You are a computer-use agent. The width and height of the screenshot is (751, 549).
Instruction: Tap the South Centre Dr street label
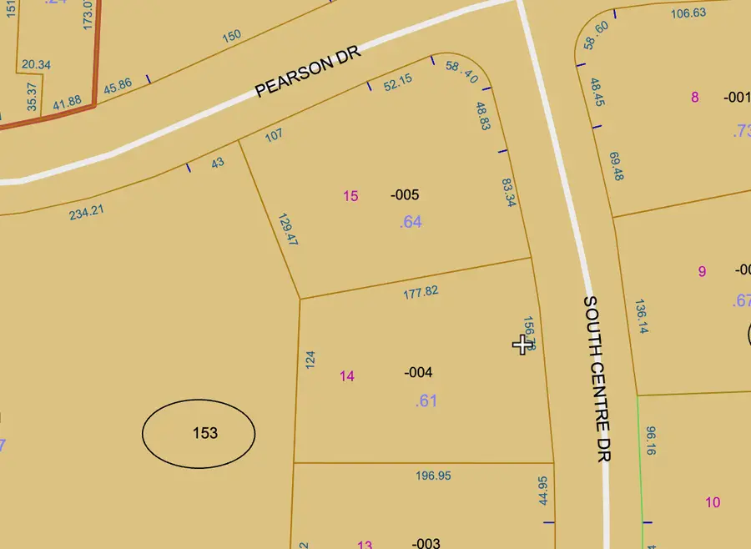click(x=597, y=378)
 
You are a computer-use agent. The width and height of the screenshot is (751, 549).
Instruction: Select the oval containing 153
click(x=199, y=433)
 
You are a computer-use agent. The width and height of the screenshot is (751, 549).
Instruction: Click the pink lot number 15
click(x=350, y=196)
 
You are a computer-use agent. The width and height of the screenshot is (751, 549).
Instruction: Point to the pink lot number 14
click(x=347, y=376)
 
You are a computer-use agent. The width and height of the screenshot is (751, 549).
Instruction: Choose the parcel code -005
click(x=405, y=195)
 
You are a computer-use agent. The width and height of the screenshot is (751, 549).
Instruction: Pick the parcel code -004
click(x=418, y=372)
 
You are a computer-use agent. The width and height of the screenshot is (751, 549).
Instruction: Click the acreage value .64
click(x=411, y=222)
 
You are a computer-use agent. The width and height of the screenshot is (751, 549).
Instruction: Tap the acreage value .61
click(x=426, y=400)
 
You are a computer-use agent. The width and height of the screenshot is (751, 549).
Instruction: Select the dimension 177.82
click(x=421, y=292)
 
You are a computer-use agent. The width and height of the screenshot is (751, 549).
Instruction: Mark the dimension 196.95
click(x=433, y=476)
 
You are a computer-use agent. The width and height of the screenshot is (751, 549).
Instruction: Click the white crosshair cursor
click(x=523, y=344)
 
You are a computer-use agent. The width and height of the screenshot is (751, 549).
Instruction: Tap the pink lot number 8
click(x=694, y=97)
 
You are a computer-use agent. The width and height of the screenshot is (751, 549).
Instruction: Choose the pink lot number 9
click(x=702, y=271)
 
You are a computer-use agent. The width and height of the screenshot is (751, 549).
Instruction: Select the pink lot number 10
click(x=713, y=502)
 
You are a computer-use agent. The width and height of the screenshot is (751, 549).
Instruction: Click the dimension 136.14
click(x=641, y=317)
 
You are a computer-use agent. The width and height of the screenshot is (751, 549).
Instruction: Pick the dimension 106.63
click(x=688, y=13)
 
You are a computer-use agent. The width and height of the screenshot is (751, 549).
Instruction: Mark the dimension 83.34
click(x=508, y=193)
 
